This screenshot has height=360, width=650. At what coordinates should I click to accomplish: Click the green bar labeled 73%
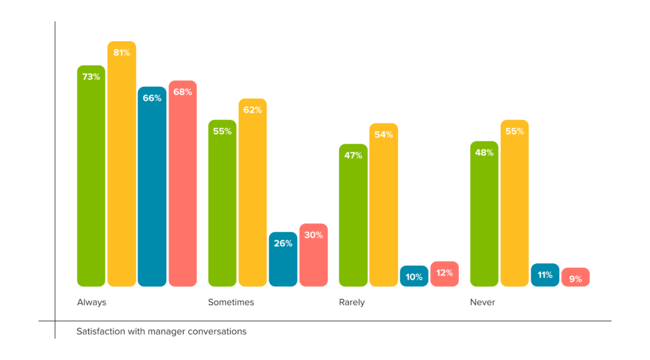[91, 176]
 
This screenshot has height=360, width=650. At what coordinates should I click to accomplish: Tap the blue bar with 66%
[152, 186]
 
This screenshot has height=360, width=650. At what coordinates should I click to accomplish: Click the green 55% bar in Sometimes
[222, 203]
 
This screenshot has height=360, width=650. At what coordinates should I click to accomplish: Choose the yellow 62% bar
[253, 192]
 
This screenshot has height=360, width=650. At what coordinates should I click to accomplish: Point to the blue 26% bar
[283, 259]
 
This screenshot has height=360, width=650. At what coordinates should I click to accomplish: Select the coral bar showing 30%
[314, 255]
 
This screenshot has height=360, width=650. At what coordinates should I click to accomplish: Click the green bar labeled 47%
[353, 215]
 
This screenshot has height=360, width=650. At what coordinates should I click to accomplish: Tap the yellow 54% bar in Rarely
[383, 205]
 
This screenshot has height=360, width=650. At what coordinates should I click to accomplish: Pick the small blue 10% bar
[414, 276]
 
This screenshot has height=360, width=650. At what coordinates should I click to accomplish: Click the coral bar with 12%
[444, 274]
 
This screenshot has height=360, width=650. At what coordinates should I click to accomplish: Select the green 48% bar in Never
[484, 213]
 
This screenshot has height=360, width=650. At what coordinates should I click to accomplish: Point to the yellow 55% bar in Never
[515, 203]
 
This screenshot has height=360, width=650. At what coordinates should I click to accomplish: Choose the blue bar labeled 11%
[545, 275]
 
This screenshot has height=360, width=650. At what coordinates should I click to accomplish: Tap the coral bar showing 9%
[576, 278]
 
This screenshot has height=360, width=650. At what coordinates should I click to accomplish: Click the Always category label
[92, 302]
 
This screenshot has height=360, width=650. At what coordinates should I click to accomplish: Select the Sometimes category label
[231, 302]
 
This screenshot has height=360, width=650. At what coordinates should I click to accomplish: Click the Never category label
[482, 302]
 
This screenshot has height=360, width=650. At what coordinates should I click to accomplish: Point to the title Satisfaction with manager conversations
[161, 331]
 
